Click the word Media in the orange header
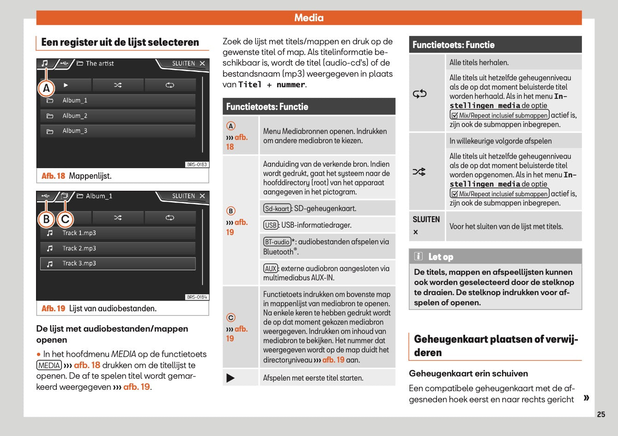coord(309,18)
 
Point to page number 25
coord(600,414)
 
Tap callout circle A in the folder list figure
coord(46,88)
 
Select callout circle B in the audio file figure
coord(46,219)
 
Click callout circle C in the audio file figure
coord(65,219)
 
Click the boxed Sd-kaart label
coord(277,209)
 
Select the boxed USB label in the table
coord(271,225)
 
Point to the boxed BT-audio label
coord(277,242)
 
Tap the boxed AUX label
coord(271,269)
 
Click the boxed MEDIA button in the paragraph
coord(49,365)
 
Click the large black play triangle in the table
coord(230,378)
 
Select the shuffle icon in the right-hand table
coord(419,172)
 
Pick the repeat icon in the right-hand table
coord(419,94)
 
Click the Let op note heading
coord(441,257)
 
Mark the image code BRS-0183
coord(197,164)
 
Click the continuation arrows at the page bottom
coord(586,398)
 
